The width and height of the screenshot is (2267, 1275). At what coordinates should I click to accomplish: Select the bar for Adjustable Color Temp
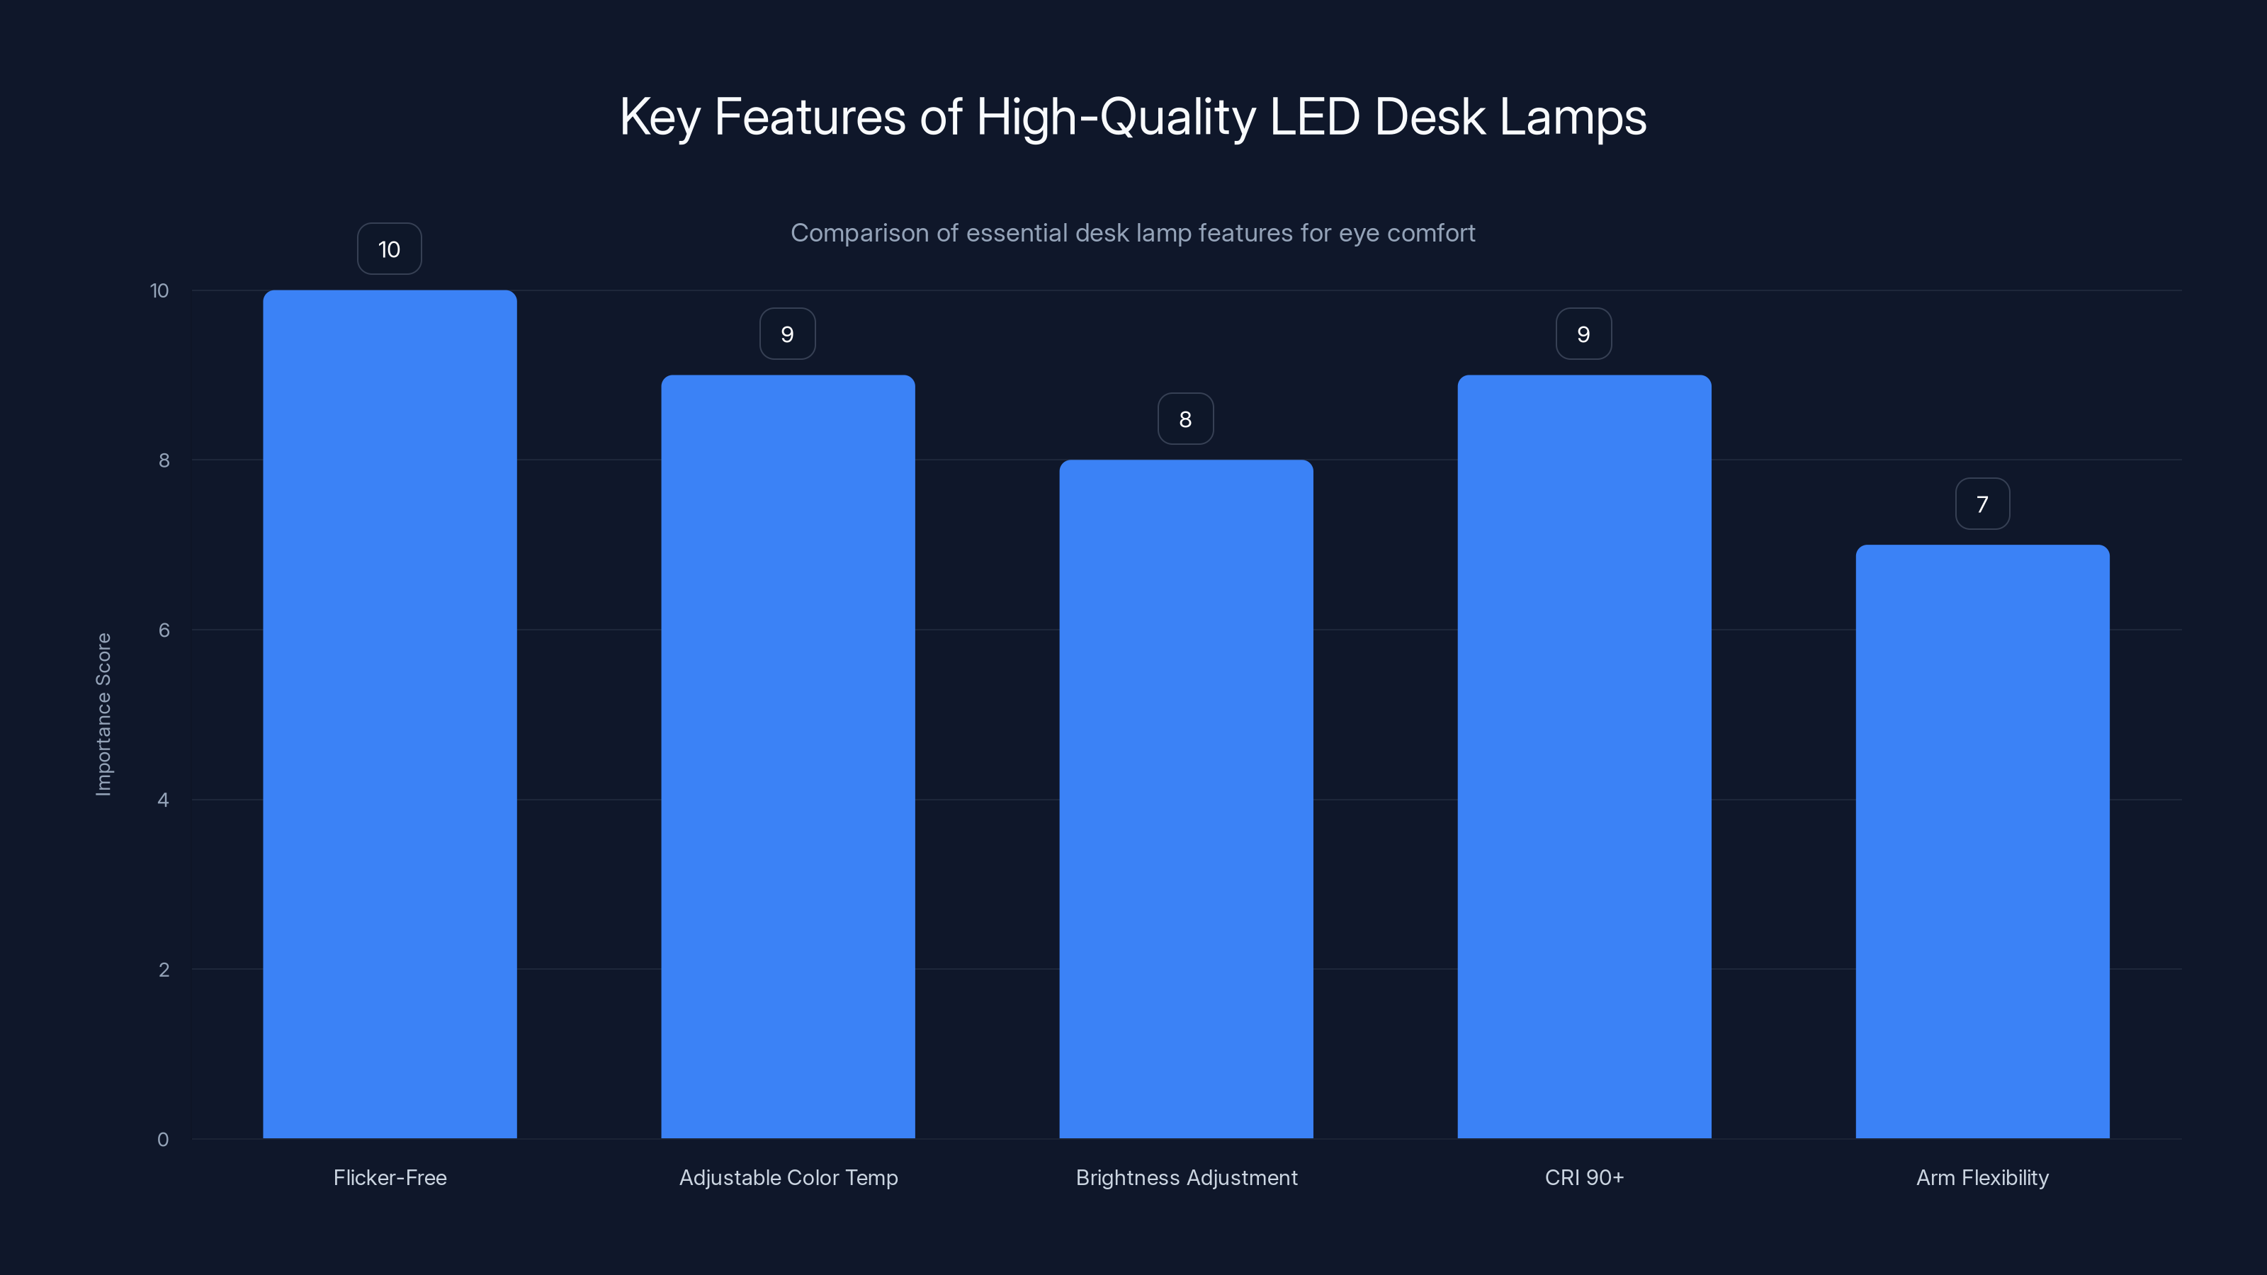[x=788, y=756]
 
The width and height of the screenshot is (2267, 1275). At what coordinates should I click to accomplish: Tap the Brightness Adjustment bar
[x=1185, y=799]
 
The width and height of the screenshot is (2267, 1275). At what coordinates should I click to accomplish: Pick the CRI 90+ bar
[x=1584, y=756]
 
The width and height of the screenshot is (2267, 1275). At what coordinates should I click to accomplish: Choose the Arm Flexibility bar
[x=1982, y=841]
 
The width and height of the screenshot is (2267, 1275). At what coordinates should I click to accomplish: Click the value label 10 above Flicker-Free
[x=389, y=249]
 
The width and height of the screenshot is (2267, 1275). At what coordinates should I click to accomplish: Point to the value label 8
[x=1185, y=419]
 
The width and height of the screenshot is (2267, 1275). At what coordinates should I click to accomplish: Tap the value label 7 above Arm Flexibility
[x=1982, y=504]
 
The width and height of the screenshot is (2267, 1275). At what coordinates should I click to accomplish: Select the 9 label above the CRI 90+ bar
[x=1583, y=334]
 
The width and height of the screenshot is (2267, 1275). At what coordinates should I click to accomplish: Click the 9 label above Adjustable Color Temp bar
[x=788, y=334]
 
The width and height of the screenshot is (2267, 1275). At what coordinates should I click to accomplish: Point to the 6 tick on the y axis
[x=164, y=630]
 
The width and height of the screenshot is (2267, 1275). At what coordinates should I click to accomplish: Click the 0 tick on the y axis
[x=163, y=1140]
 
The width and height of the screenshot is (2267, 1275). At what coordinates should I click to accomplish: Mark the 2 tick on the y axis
[x=164, y=970]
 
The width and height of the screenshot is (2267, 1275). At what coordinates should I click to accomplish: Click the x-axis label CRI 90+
[x=1584, y=1177]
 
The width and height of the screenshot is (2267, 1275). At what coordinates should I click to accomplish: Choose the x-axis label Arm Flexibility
[x=1982, y=1177]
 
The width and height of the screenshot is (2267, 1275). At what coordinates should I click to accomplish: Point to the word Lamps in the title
[x=1573, y=117]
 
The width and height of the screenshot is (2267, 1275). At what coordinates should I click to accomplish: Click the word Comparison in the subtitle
[x=859, y=233]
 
